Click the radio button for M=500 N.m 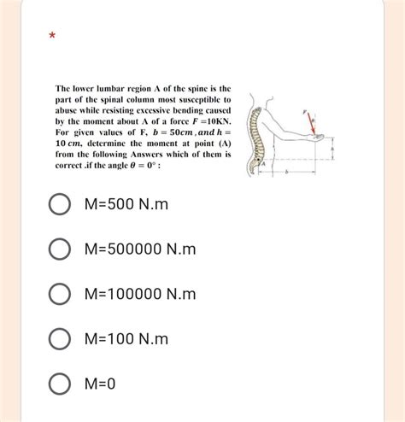coord(59,206)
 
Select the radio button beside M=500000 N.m coord(59,250)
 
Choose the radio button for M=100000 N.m coord(59,295)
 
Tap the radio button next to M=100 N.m coord(59,339)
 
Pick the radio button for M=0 coord(59,384)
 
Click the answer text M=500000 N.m coord(141,250)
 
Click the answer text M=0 coord(100,384)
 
